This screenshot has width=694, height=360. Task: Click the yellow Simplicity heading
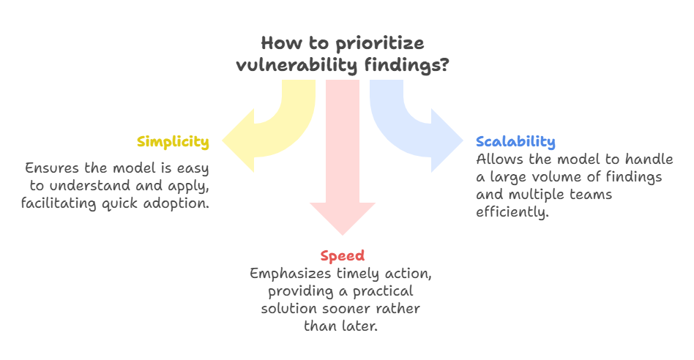click(x=173, y=142)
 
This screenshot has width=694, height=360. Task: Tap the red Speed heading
click(x=343, y=255)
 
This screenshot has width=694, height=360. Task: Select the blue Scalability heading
click(x=515, y=142)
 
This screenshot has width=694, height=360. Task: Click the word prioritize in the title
click(x=381, y=42)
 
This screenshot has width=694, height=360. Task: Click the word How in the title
click(x=275, y=42)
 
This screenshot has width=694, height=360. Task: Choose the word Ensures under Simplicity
click(x=50, y=168)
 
